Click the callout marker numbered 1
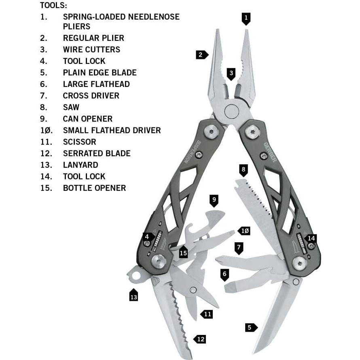(x=246, y=18)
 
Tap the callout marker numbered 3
(x=231, y=74)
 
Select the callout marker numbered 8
(x=243, y=169)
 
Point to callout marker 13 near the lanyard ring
(x=133, y=296)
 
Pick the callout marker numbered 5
(x=250, y=327)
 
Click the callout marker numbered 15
(x=184, y=253)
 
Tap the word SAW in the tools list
(x=71, y=107)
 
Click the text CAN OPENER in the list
(x=87, y=119)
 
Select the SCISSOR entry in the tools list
(x=79, y=142)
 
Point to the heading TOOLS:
(x=53, y=5)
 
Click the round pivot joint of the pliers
(x=232, y=110)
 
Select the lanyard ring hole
(x=136, y=276)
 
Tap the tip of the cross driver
(x=218, y=259)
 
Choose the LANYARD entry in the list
(x=80, y=165)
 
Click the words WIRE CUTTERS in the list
(x=91, y=50)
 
